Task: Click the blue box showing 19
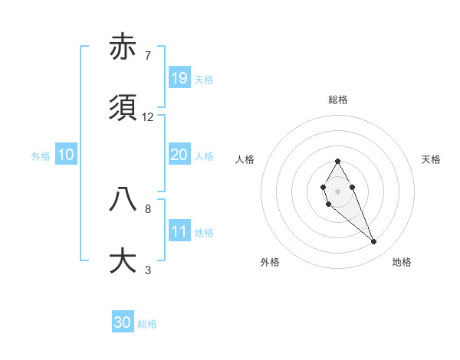click(179, 77)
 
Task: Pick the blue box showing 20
click(179, 155)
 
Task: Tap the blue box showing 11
click(179, 231)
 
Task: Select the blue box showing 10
click(66, 155)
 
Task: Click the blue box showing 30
click(123, 322)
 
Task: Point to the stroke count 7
click(147, 55)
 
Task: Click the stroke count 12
click(148, 117)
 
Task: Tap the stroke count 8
click(147, 208)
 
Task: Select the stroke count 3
click(147, 270)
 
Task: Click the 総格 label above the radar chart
click(338, 100)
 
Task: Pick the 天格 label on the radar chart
click(432, 159)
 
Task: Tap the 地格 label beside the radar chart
click(402, 262)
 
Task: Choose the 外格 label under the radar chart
click(270, 262)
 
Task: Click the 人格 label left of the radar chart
click(245, 159)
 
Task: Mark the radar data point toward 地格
click(374, 242)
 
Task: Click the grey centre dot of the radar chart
click(337, 191)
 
